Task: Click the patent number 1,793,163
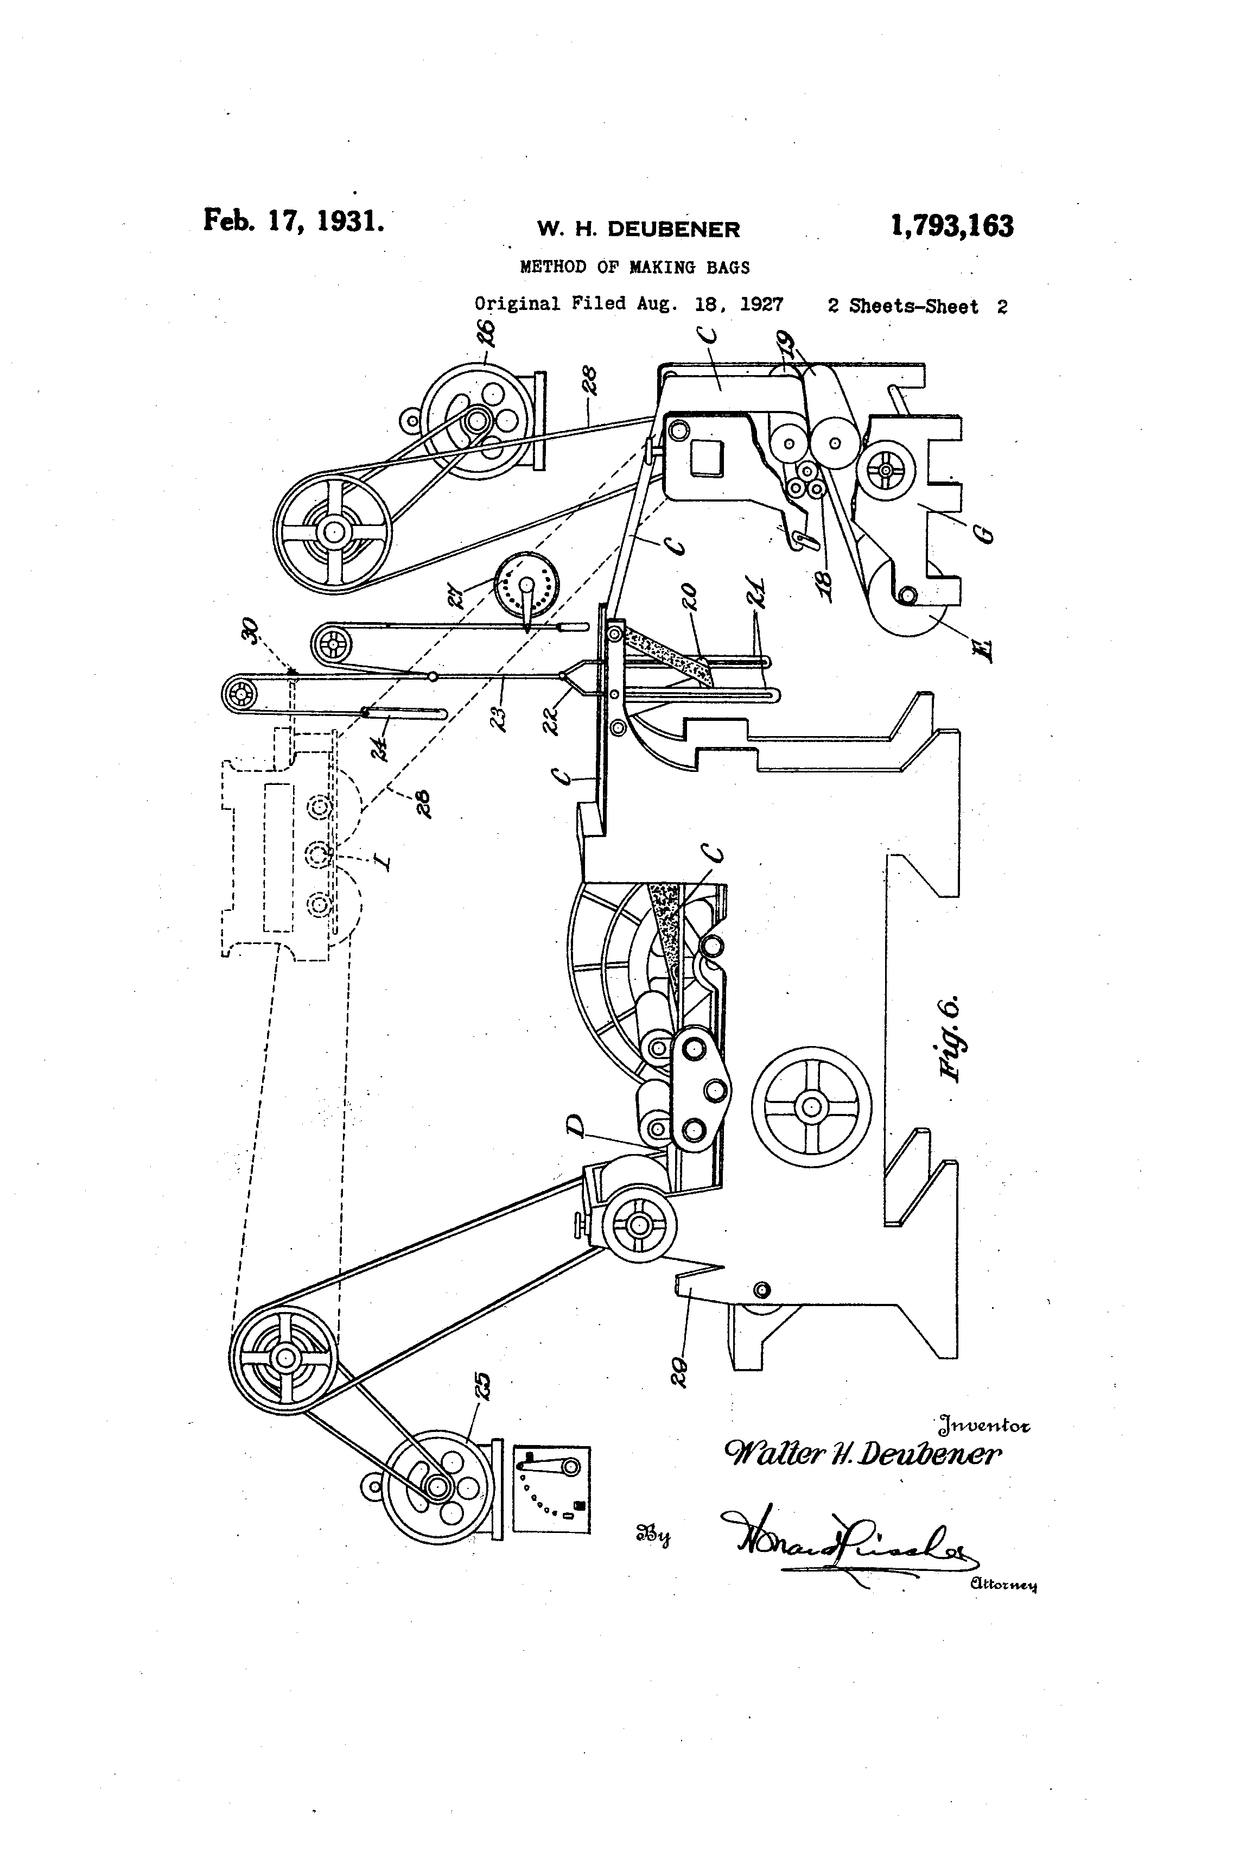pos(952,226)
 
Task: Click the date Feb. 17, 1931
pos(294,220)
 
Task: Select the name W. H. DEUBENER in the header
pos(638,229)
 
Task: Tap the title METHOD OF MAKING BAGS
pos(634,268)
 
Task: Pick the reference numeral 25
pos(483,1387)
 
